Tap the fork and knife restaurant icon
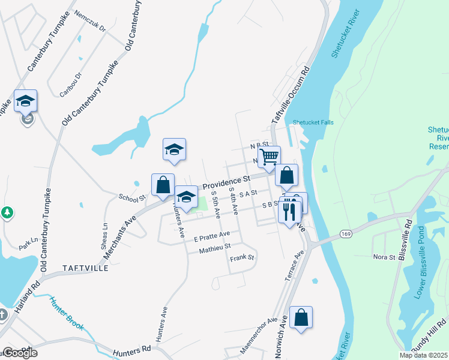tap(291, 211)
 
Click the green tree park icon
tap(7, 212)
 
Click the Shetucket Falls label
tap(313, 122)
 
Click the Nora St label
tap(384, 257)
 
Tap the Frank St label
tap(243, 257)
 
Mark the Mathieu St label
tap(214, 246)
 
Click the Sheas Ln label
tap(106, 231)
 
